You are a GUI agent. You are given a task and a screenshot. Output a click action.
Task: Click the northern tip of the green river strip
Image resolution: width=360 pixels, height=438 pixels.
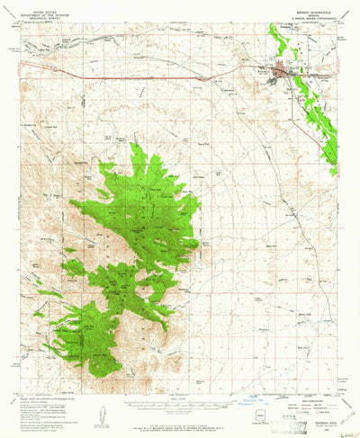pyautogui.click(x=271, y=26)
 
